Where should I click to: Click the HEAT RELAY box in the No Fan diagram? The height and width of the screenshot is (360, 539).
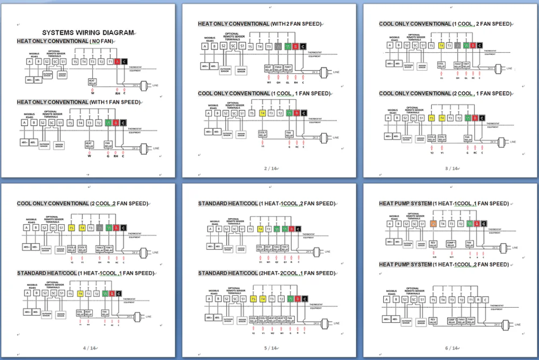click(x=92, y=81)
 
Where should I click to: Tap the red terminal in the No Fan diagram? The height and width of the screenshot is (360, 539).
click(x=117, y=61)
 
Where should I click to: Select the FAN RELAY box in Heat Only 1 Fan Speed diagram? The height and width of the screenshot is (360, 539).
click(x=108, y=144)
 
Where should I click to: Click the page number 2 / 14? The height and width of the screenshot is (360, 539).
click(x=269, y=169)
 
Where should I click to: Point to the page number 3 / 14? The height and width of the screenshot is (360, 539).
click(x=451, y=169)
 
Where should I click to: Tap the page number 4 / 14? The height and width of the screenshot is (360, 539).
click(x=88, y=348)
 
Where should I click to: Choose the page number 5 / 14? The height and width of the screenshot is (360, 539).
click(x=269, y=348)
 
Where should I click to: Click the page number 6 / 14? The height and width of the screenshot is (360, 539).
click(x=451, y=348)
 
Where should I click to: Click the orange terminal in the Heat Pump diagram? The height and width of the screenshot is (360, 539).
click(x=433, y=223)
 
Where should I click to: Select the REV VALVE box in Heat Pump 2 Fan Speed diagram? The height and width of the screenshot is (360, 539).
click(x=433, y=321)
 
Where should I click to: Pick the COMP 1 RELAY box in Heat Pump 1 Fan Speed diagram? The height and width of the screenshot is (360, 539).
click(x=451, y=244)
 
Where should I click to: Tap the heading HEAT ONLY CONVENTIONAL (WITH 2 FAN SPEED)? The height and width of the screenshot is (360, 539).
click(x=260, y=24)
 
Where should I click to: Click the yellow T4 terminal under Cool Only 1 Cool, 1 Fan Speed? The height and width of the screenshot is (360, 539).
click(x=262, y=113)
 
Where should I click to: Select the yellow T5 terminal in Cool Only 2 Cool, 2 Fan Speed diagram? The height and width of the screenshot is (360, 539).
click(x=72, y=228)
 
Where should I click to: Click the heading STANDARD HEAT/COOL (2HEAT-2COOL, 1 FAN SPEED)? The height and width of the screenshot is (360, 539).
click(x=266, y=273)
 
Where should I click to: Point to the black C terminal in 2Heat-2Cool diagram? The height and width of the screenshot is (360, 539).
click(x=304, y=299)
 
